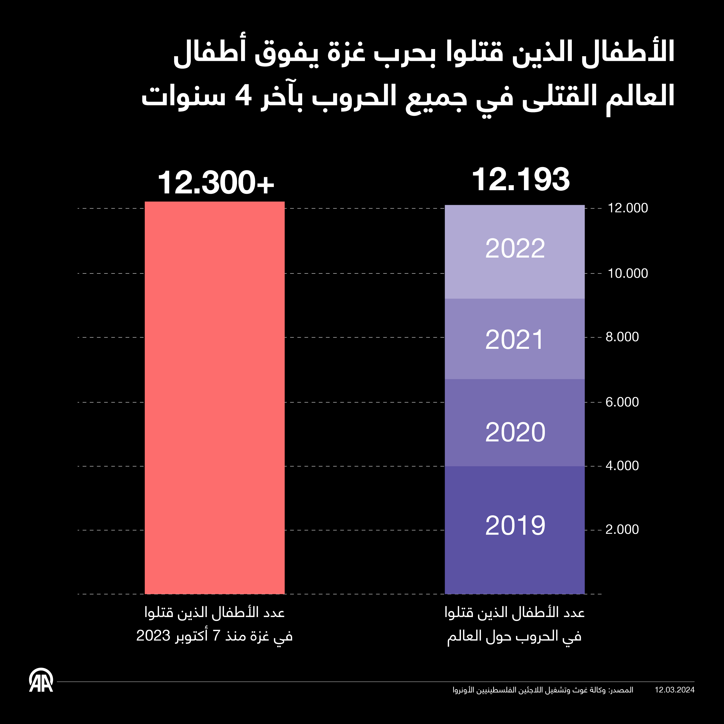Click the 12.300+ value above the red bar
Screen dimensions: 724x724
coord(216,183)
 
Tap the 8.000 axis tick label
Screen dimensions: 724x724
coord(622,337)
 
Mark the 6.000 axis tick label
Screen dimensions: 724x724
coord(622,402)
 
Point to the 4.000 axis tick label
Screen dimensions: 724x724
coord(622,466)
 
